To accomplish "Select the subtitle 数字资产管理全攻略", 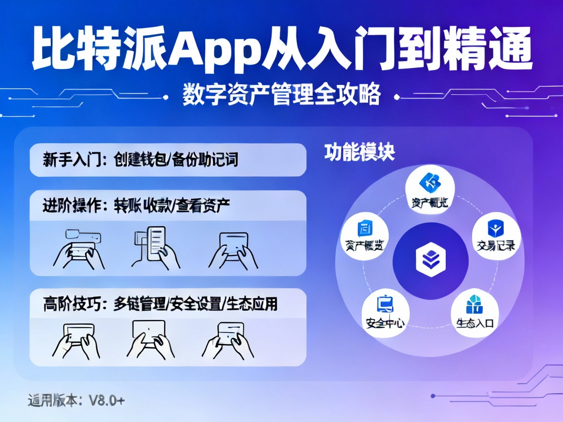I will [x=281, y=95].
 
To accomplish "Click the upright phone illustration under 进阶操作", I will [x=156, y=243].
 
